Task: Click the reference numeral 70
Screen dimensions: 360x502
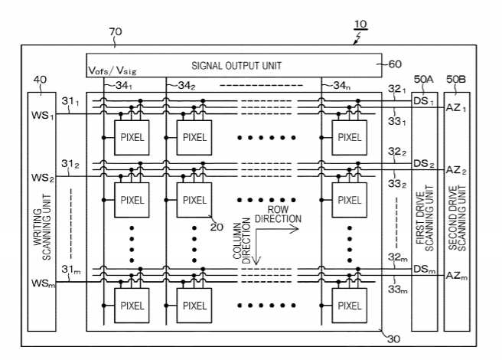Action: pyautogui.click(x=116, y=31)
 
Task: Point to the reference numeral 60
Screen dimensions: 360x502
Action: pyautogui.click(x=396, y=64)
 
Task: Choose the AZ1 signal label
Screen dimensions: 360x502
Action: pyautogui.click(x=456, y=108)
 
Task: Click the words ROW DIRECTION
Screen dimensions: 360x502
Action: pyautogui.click(x=283, y=214)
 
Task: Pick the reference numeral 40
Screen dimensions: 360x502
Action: pyautogui.click(x=38, y=79)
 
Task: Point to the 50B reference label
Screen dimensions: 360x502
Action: pyautogui.click(x=455, y=79)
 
